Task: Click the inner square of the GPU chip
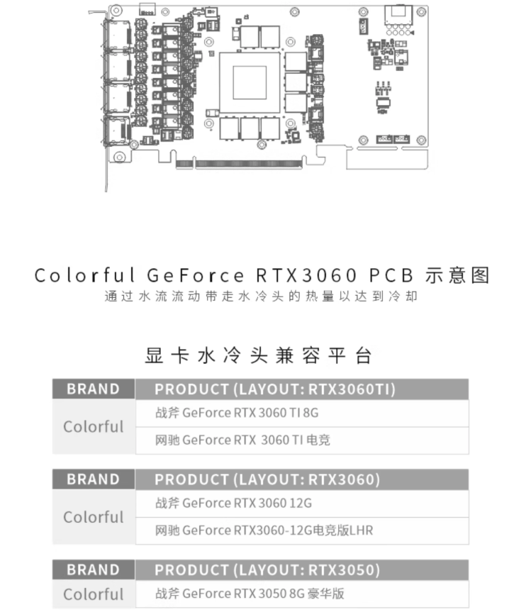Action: (250, 82)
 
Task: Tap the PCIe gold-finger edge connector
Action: (239, 164)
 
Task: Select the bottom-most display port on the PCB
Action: (117, 130)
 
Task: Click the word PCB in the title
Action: (391, 275)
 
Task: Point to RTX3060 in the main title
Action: (306, 275)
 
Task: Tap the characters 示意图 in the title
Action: (458, 275)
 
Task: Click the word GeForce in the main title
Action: (196, 275)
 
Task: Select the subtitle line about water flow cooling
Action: (261, 296)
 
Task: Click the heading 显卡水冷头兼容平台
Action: (258, 356)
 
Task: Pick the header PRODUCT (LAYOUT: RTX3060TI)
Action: (275, 389)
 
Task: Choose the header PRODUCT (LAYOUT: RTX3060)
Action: (267, 480)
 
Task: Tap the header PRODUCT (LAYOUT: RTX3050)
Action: (267, 570)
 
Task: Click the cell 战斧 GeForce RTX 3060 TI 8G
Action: (237, 413)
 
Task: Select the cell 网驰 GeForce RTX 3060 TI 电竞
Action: (242, 440)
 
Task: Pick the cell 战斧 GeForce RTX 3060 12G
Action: (234, 503)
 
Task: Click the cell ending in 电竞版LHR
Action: (264, 531)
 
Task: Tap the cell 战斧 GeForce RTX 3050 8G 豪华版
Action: (250, 594)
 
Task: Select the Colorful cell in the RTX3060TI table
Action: (94, 427)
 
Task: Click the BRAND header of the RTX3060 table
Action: (94, 480)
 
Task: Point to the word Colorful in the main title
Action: (85, 275)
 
